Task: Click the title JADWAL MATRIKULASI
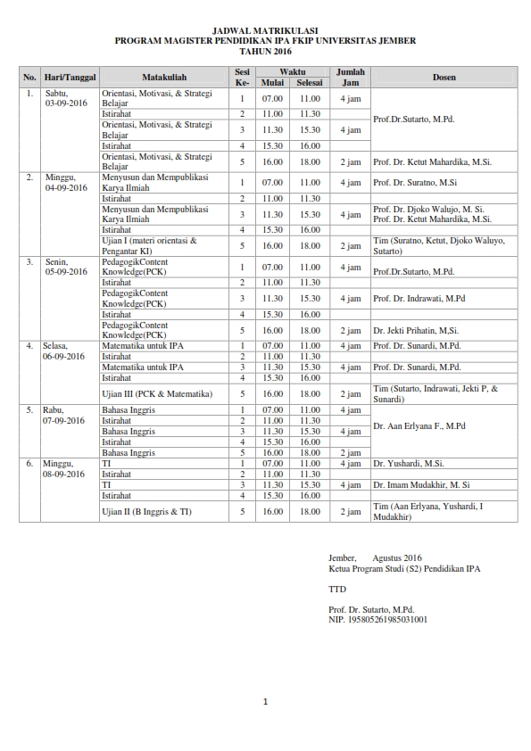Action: tap(265, 30)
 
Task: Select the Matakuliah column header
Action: tap(164, 78)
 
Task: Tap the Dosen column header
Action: tap(444, 78)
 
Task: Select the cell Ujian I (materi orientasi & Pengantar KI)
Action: tap(149, 245)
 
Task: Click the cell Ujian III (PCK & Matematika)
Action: tap(156, 393)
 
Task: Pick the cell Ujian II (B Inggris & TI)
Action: tap(146, 511)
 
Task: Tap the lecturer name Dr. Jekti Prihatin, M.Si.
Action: tap(417, 330)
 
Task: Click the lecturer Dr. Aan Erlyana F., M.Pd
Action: tap(419, 426)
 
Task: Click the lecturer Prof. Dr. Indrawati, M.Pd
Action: tap(419, 298)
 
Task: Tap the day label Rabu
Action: tap(53, 410)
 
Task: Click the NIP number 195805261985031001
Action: tap(378, 619)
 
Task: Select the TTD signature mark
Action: tap(336, 590)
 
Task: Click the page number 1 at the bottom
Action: tap(265, 702)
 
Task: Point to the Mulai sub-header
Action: tap(272, 83)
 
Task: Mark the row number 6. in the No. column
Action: tap(29, 464)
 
